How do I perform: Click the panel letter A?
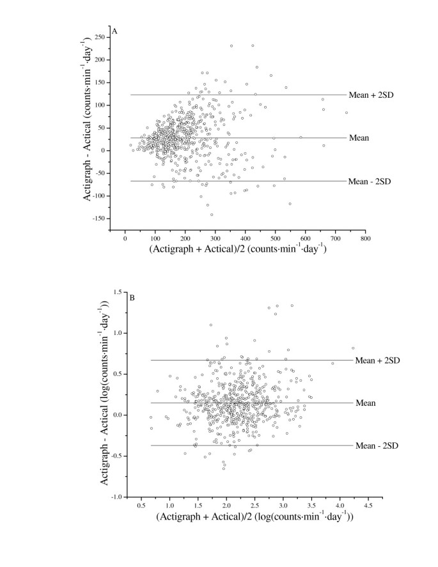114,31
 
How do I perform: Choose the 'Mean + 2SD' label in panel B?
377,361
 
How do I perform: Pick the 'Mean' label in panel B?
365,403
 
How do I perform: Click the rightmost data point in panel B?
353,348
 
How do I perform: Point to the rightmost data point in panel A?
347,113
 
